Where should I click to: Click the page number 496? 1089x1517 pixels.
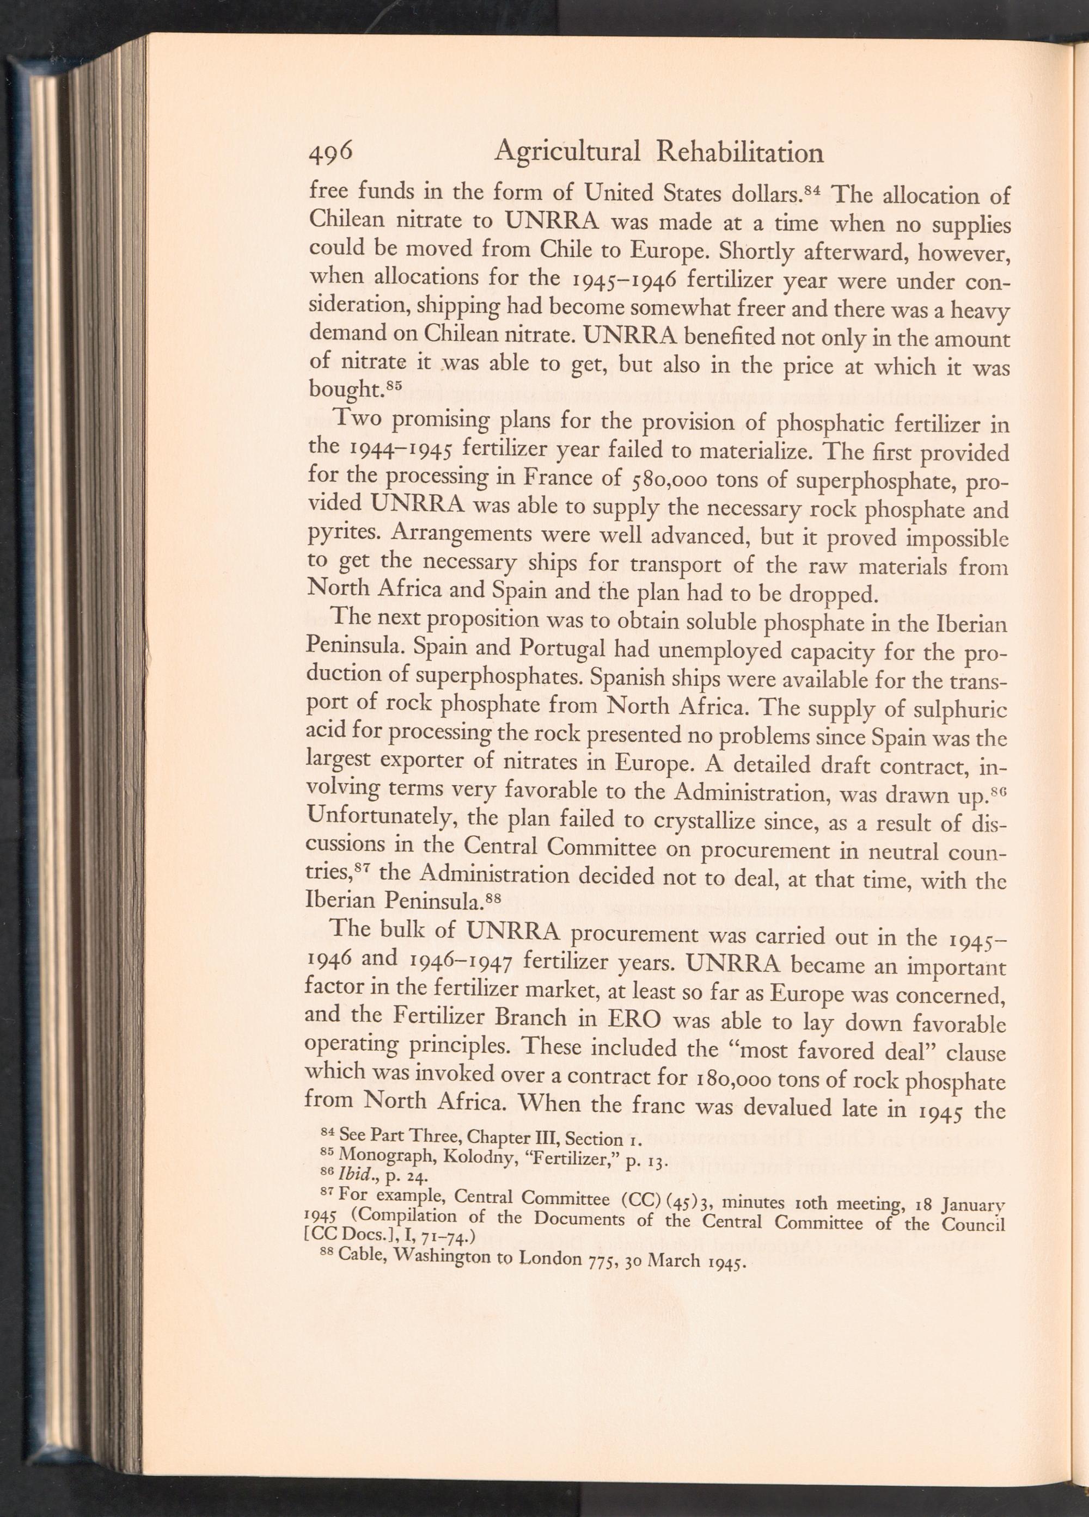[330, 154]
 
